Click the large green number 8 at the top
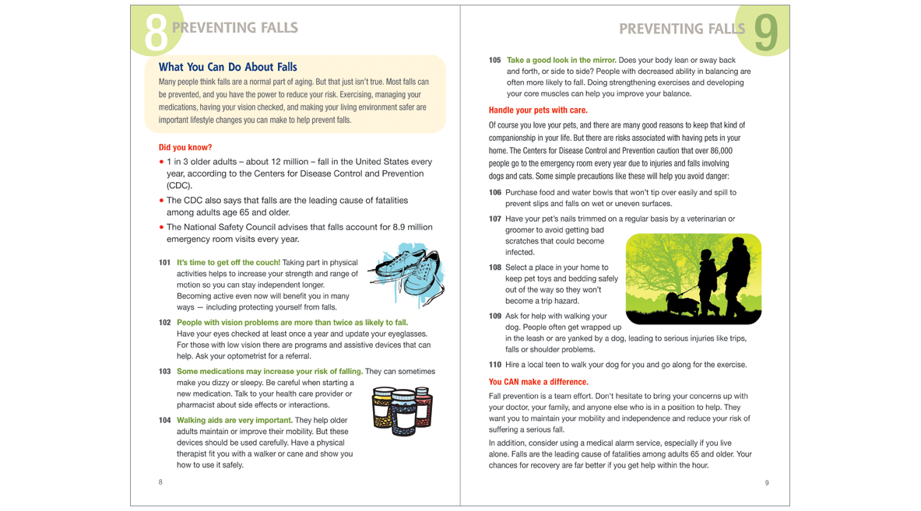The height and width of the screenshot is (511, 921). [156, 31]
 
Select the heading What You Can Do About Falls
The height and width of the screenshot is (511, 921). [227, 68]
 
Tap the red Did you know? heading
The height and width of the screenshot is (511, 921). [185, 147]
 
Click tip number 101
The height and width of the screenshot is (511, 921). [164, 262]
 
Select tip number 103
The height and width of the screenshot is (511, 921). [164, 371]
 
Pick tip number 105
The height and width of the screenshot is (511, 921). [494, 60]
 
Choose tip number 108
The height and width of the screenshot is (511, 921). [494, 268]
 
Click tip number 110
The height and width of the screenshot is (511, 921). [494, 365]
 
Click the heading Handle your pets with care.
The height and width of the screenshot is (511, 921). [538, 110]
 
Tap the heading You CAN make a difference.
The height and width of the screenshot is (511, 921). [538, 382]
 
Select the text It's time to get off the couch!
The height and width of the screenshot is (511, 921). [228, 262]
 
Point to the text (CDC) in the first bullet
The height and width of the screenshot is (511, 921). [179, 186]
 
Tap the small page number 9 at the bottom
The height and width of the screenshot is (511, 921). [767, 483]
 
